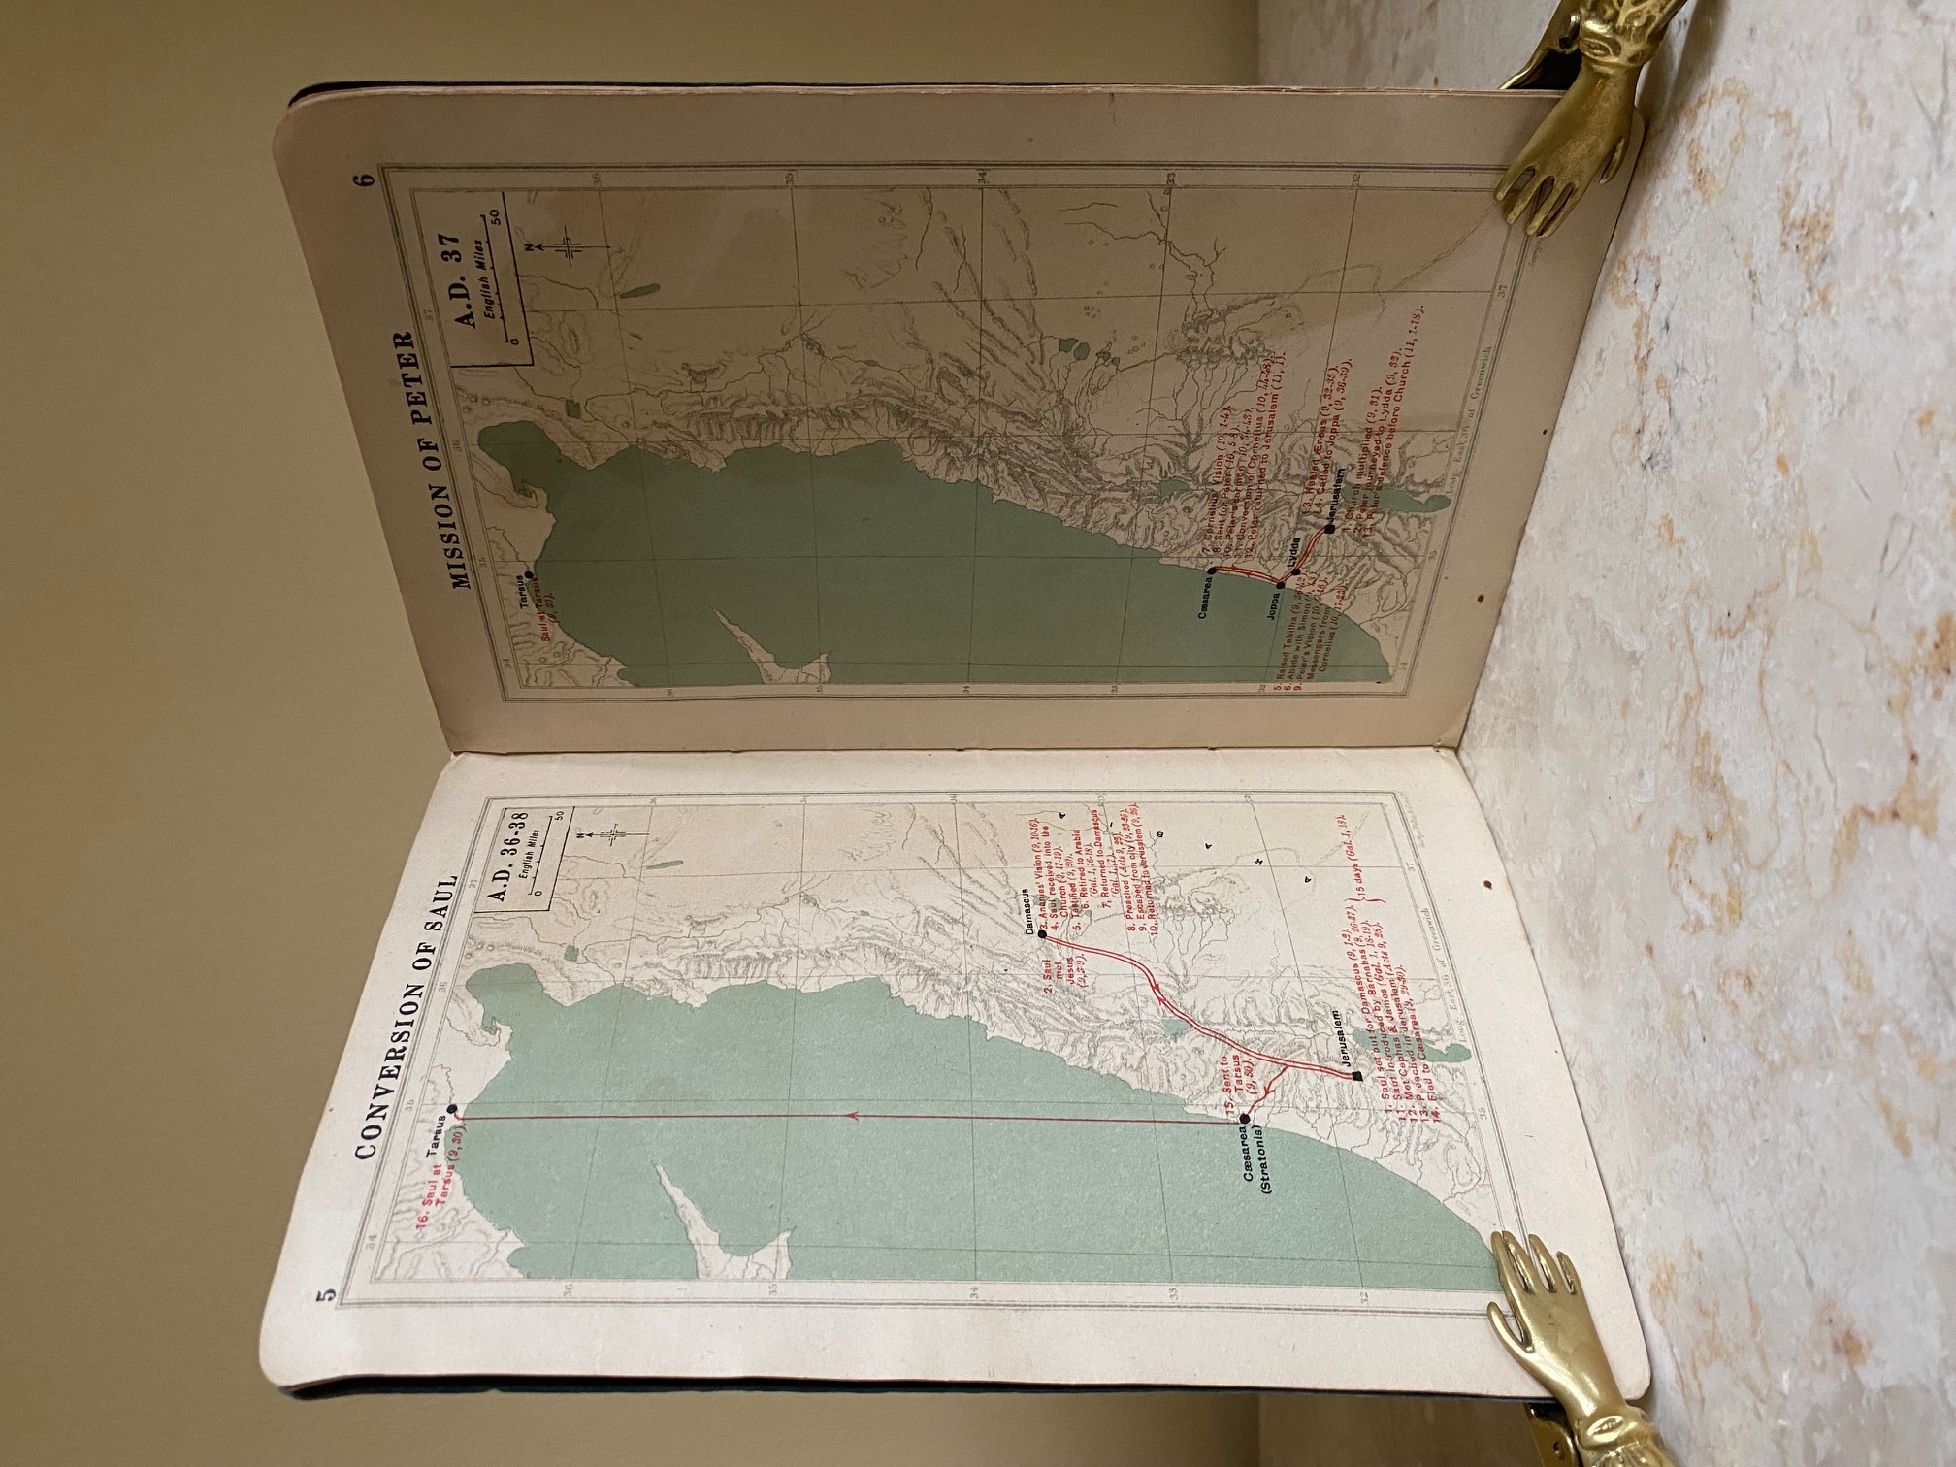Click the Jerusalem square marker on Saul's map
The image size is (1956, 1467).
tap(1356, 1076)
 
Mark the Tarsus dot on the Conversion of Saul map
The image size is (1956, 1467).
tap(451, 1109)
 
